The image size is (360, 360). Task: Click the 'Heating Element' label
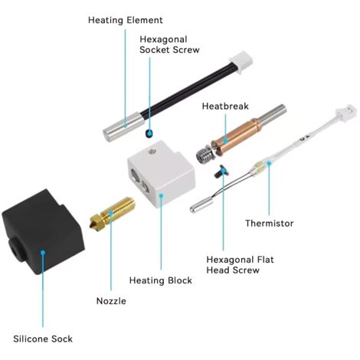125,20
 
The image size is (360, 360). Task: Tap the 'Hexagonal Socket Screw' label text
169,44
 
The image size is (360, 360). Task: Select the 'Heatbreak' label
225,106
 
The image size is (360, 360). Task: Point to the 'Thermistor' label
270,224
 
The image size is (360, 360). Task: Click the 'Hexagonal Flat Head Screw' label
240,265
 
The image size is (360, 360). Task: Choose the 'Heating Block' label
161,280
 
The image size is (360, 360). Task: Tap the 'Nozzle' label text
111,301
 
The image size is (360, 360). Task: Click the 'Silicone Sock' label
43,339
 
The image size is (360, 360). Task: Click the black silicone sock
43,232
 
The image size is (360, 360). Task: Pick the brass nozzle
112,213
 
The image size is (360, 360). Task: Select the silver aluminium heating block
162,175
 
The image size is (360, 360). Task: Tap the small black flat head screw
221,171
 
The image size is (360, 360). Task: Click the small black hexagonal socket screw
149,133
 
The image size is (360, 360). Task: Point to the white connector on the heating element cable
241,62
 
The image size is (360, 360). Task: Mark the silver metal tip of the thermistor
201,206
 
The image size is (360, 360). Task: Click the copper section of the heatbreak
236,137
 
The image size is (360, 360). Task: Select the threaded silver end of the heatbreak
204,154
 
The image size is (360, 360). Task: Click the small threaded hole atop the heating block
152,151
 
